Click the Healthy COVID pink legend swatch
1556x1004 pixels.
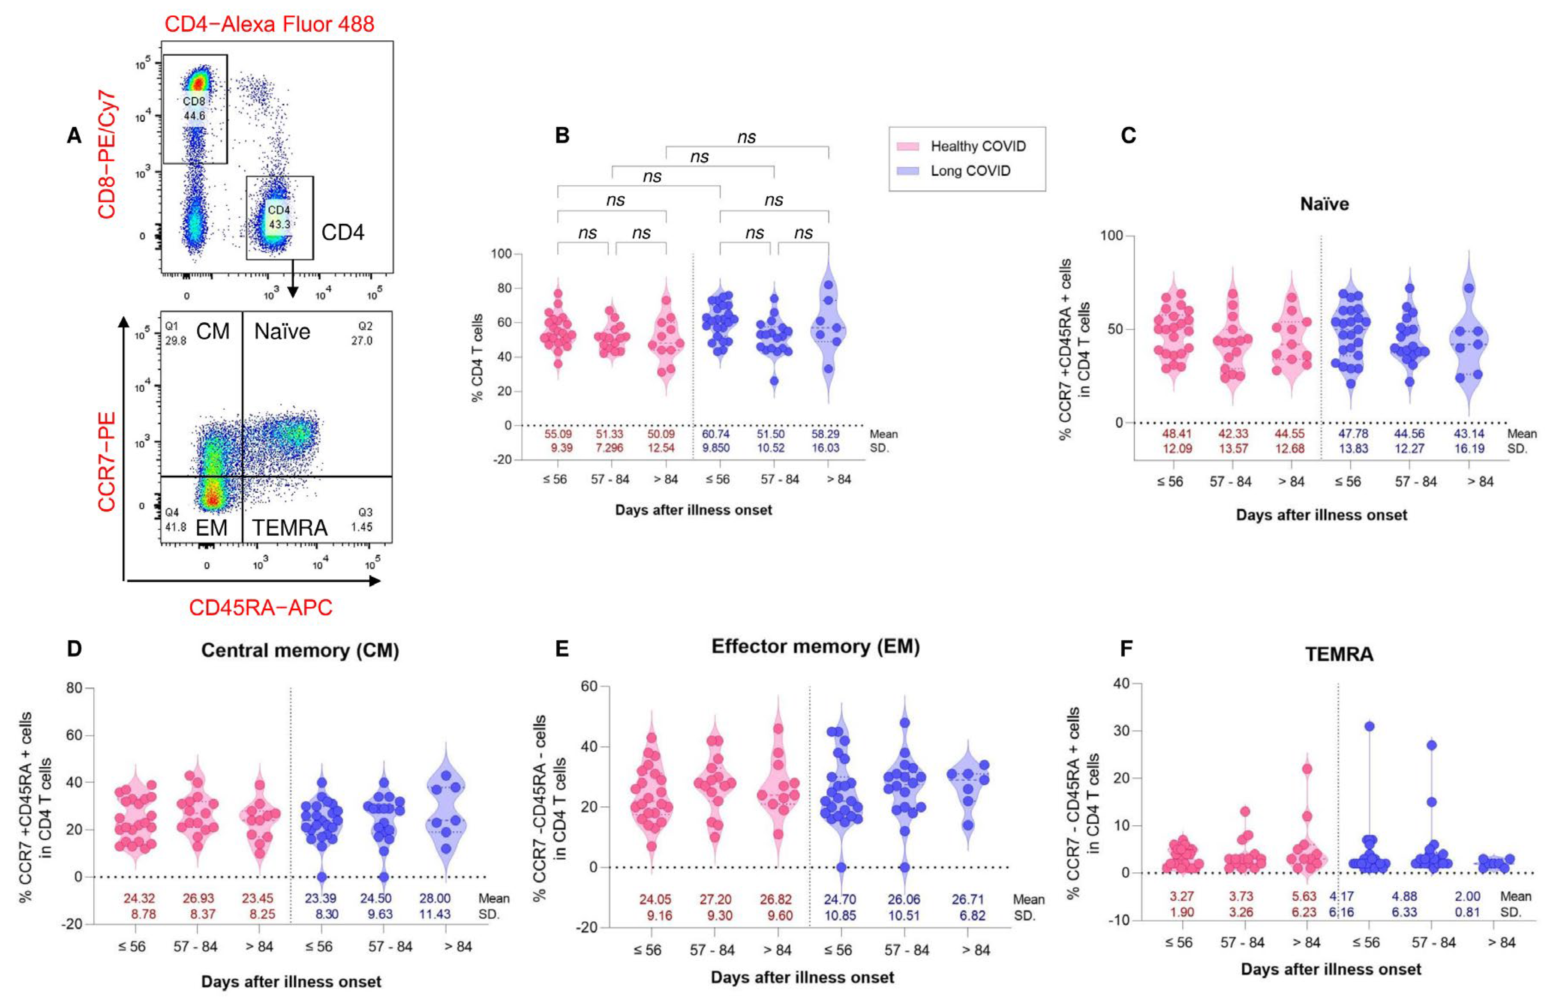pyautogui.click(x=908, y=146)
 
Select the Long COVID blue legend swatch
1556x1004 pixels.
pyautogui.click(x=908, y=171)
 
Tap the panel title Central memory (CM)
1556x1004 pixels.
pyautogui.click(x=300, y=650)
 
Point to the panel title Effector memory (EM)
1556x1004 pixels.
pyautogui.click(x=815, y=646)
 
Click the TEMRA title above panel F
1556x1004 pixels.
pyautogui.click(x=1339, y=654)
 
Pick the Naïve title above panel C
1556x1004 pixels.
pyautogui.click(x=1324, y=204)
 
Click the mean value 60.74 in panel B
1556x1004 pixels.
pyautogui.click(x=715, y=434)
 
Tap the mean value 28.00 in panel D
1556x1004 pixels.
pyautogui.click(x=435, y=899)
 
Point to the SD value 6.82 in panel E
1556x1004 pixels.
pyautogui.click(x=972, y=915)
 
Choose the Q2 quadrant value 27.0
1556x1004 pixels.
pyautogui.click(x=362, y=340)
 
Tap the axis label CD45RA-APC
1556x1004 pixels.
pyautogui.click(x=261, y=608)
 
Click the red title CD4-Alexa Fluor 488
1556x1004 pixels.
pyautogui.click(x=269, y=24)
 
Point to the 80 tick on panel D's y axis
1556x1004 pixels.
pyautogui.click(x=74, y=688)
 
